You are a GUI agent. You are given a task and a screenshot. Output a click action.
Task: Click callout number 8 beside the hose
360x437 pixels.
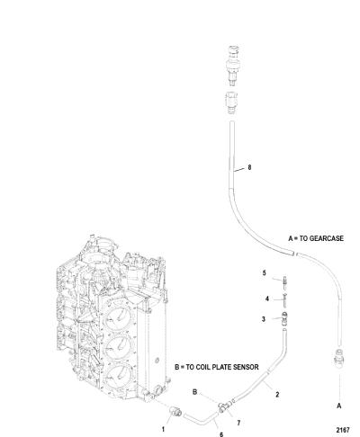coord(249,167)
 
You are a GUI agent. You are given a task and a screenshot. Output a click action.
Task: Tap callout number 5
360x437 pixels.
coord(264,273)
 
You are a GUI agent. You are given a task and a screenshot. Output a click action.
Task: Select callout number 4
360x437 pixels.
coord(267,299)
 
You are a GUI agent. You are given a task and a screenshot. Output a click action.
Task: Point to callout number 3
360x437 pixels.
coord(264,319)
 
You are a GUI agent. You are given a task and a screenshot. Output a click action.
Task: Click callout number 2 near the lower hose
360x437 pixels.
coord(277,395)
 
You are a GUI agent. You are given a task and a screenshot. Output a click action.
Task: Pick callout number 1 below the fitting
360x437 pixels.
coord(163,429)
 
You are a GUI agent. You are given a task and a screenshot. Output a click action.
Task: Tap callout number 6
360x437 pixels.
coord(221,434)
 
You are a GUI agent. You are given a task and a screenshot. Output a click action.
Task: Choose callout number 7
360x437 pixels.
coord(238,423)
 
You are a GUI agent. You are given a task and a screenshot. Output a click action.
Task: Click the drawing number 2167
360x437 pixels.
coord(343,430)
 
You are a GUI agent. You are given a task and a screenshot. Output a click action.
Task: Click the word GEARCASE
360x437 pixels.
coord(326,238)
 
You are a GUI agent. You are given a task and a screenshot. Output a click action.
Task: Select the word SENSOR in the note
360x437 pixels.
coord(246,367)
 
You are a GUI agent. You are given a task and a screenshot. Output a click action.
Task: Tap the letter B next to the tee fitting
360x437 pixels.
coord(194,392)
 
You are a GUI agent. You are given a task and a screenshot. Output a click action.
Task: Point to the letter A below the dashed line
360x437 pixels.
coord(339,406)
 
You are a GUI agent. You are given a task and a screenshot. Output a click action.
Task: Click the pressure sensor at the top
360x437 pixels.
coord(233,65)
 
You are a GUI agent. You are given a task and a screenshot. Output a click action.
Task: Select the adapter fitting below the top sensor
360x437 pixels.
coord(231,103)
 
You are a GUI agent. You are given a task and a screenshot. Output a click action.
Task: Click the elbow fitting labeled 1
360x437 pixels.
coord(175,411)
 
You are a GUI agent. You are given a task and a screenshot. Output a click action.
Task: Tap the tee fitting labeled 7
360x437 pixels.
coord(224,406)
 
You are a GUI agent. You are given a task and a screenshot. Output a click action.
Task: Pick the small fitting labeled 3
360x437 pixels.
coord(284,319)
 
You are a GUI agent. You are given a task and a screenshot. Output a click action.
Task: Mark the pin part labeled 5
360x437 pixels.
coord(283,282)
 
